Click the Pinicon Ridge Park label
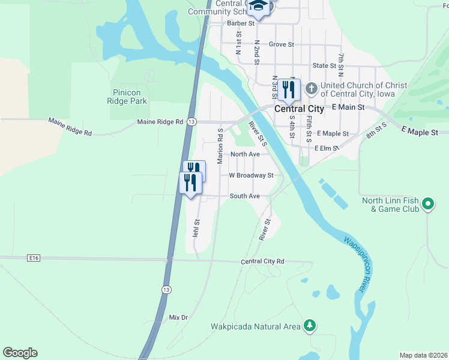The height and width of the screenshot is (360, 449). tap(130, 97)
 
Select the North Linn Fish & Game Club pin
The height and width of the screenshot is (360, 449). tap(427, 203)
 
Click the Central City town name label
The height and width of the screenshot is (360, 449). tap(299, 109)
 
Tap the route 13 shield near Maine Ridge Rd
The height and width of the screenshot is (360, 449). tap(191, 122)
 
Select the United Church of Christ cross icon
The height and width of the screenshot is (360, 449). tap(311, 89)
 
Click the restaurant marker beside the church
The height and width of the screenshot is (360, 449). tap(289, 90)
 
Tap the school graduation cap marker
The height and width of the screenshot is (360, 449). tap(258, 6)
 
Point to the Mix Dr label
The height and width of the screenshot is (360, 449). tap(178, 317)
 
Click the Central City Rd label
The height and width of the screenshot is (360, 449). tap(262, 262)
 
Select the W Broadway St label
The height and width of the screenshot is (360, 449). tap(251, 175)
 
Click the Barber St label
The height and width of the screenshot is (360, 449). tap(242, 23)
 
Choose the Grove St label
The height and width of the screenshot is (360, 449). tap(281, 44)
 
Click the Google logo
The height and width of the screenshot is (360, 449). tap(20, 353)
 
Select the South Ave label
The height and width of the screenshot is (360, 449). tap(244, 196)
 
